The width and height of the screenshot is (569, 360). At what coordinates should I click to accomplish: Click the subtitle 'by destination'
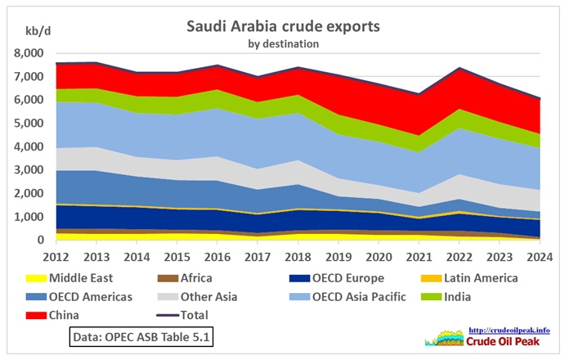coord(283,43)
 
